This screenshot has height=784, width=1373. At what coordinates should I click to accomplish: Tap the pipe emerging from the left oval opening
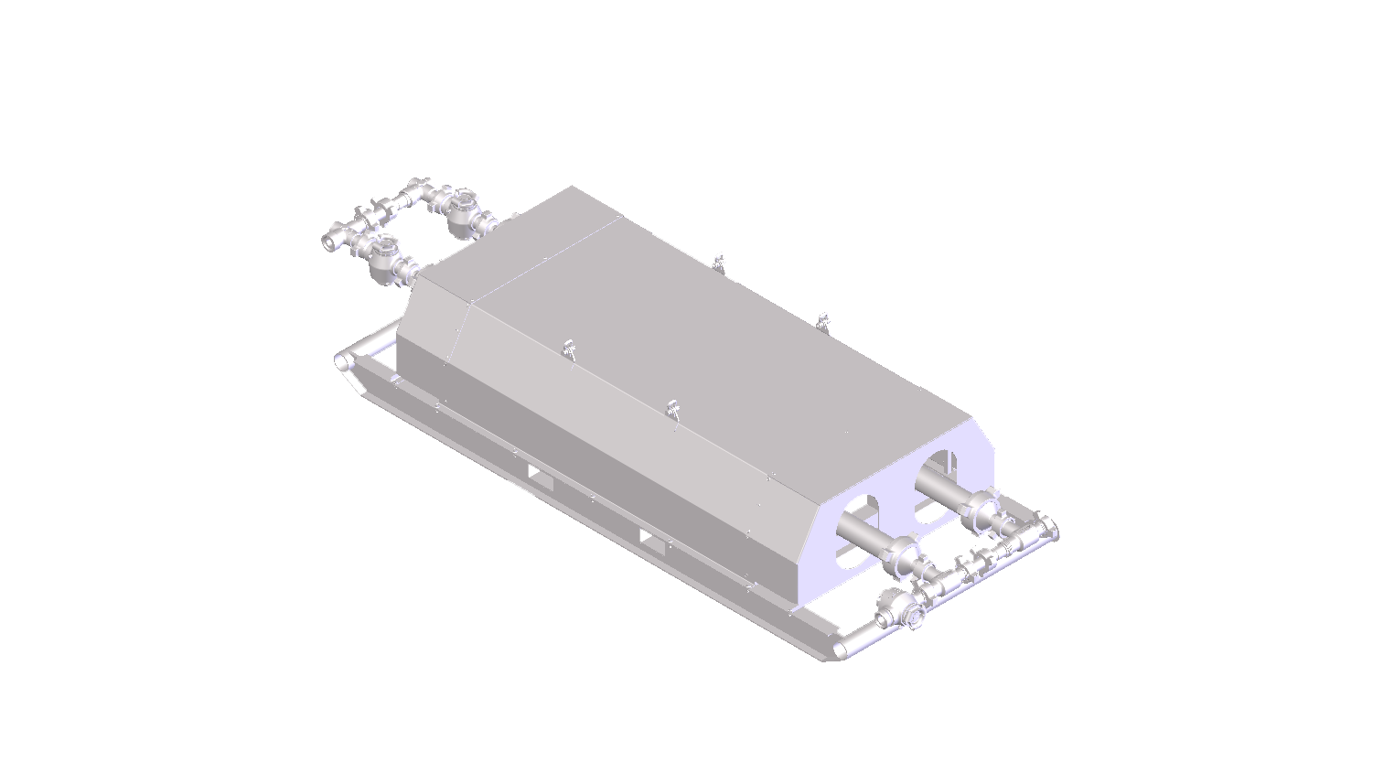tap(864, 531)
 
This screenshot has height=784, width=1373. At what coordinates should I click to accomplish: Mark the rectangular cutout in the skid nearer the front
tap(654, 541)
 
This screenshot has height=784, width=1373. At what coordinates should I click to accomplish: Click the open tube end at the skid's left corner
tap(341, 360)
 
